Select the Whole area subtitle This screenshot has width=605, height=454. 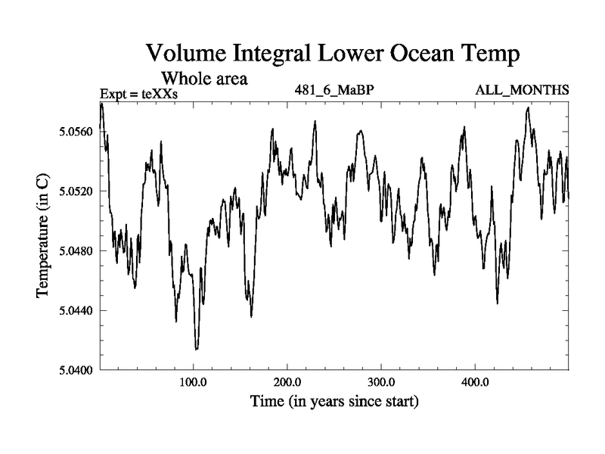point(205,77)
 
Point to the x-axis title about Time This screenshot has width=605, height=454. point(335,401)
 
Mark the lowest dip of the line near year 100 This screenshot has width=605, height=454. point(197,349)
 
